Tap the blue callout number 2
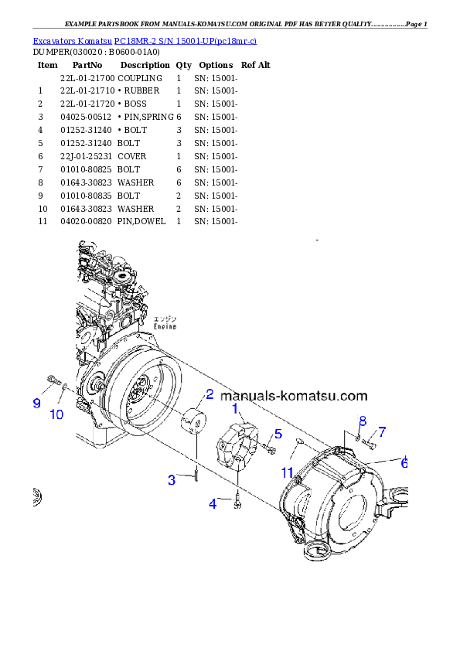(x=210, y=394)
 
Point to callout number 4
(x=213, y=505)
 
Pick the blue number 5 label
(x=278, y=434)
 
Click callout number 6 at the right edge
(x=404, y=464)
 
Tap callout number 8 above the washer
(x=361, y=420)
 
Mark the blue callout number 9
(x=36, y=403)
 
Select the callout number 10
(x=56, y=414)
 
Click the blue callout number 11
(x=287, y=472)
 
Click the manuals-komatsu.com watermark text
(x=294, y=396)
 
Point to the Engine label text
(x=164, y=325)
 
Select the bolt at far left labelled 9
(x=53, y=380)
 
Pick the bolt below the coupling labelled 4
(x=238, y=503)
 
